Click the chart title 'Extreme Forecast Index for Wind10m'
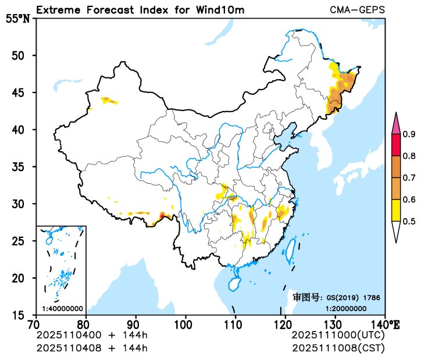coord(140,10)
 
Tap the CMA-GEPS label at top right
coord(357,10)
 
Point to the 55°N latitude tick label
coord(17,19)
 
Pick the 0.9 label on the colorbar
coord(409,134)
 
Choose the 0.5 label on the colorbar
coord(409,221)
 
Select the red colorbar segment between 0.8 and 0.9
coord(395,145)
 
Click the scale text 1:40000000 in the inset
coord(62,308)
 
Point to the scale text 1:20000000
coord(345,308)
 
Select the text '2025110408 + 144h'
coord(92,348)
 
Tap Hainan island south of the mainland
coord(233,284)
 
